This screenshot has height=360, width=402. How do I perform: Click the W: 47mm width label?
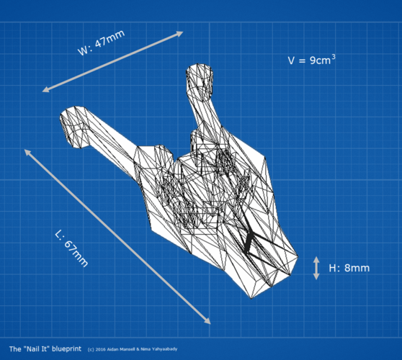point(101,42)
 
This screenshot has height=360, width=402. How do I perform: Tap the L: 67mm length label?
point(72,249)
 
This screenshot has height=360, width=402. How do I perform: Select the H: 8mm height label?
point(349,268)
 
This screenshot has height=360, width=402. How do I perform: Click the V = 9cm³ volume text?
point(311,60)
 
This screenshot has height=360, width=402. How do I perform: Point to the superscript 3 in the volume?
point(334,57)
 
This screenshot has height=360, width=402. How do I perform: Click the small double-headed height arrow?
point(316,268)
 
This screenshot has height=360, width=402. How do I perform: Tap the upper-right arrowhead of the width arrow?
point(179,33)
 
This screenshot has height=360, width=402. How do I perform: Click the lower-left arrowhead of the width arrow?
point(46,90)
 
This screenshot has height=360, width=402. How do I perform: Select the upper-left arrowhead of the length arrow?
point(27,152)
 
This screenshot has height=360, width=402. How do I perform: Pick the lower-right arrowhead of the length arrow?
point(207,321)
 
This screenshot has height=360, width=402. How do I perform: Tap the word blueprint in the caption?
point(67,349)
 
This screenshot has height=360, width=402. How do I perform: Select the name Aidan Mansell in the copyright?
point(122,349)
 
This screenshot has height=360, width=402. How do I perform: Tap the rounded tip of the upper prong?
point(200,70)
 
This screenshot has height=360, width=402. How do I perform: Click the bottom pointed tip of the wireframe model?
point(251,298)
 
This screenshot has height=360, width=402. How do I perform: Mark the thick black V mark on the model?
point(250,242)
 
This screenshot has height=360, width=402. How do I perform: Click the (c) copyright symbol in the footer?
point(91,349)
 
